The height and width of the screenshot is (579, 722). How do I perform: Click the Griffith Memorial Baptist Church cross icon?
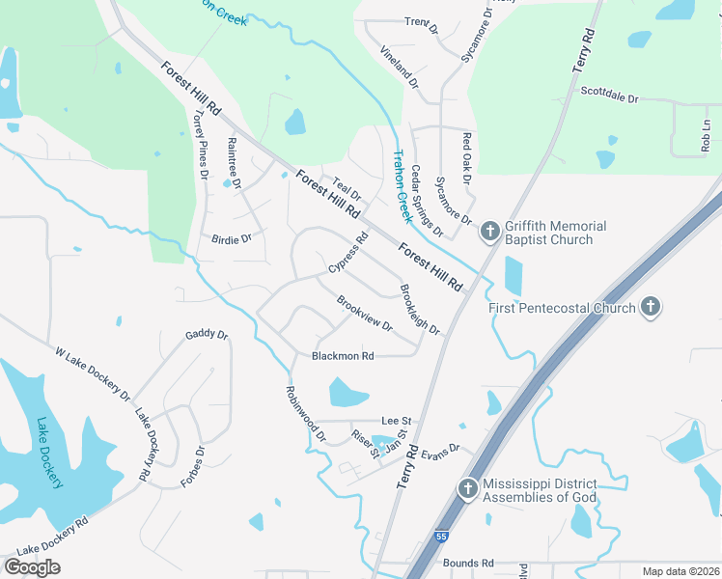click(490, 231)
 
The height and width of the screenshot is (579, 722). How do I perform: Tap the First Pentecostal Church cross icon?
click(652, 308)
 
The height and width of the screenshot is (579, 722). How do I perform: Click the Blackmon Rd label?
click(343, 356)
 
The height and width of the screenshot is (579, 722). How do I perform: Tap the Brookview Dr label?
click(365, 313)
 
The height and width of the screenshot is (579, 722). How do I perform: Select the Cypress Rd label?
click(348, 252)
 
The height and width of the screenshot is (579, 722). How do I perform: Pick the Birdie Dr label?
click(232, 237)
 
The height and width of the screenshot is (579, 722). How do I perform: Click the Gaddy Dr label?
click(207, 335)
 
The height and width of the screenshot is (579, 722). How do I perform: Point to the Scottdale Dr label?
click(610, 95)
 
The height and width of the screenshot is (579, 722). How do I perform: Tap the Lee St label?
click(397, 421)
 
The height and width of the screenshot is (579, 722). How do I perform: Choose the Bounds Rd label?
click(468, 563)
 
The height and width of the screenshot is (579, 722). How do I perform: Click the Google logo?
click(32, 567)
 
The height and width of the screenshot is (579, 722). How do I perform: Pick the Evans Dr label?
click(442, 452)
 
